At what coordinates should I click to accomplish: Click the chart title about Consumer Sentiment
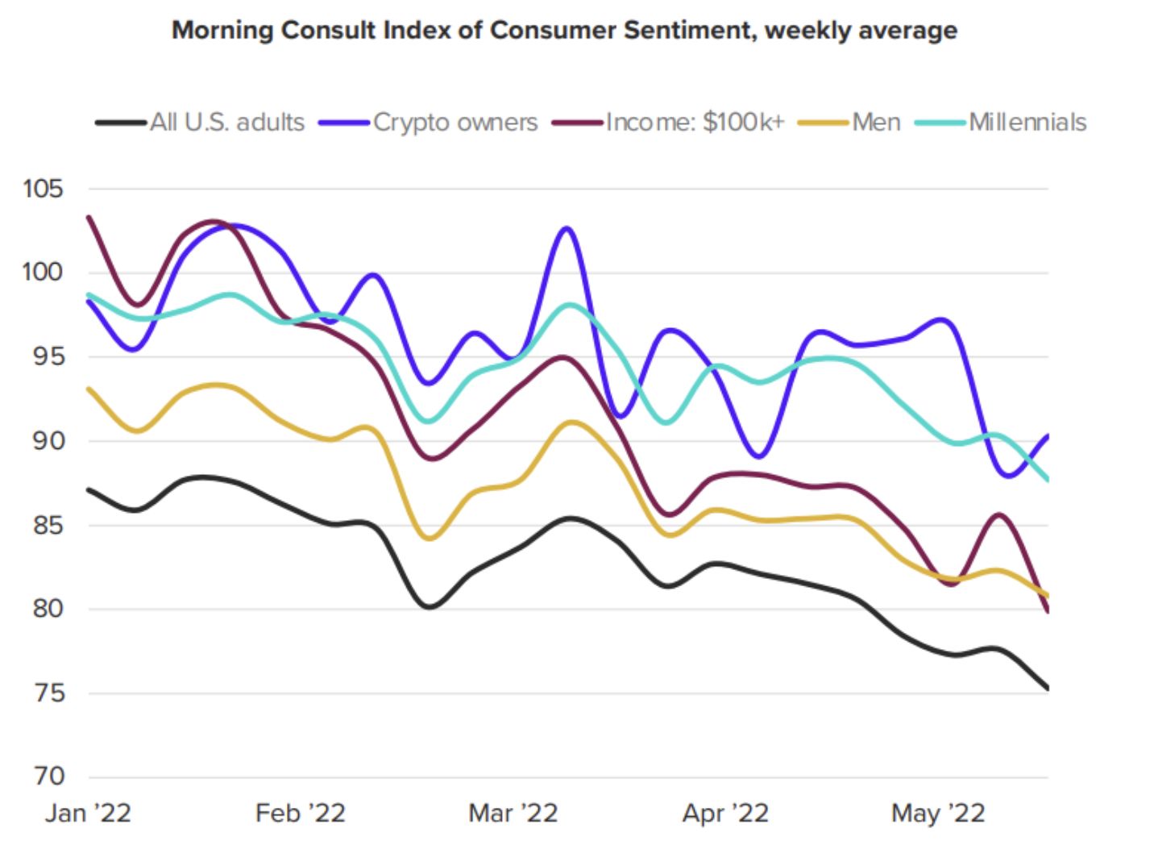(x=564, y=31)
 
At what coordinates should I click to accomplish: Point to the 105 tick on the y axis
(x=43, y=189)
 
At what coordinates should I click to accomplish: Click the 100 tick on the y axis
(x=43, y=272)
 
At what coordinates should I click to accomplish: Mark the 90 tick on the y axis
(x=48, y=440)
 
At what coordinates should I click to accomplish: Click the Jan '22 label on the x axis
(x=88, y=813)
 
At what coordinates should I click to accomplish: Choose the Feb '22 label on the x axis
(x=301, y=813)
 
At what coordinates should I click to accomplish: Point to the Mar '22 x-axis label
(x=513, y=813)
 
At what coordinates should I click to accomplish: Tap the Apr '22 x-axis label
(x=725, y=813)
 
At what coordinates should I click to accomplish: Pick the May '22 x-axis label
(x=938, y=813)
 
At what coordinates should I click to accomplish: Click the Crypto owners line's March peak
(x=567, y=228)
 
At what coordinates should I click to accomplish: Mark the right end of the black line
(x=1047, y=688)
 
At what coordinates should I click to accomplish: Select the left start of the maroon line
(x=89, y=217)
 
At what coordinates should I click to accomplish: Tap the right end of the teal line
(x=1047, y=480)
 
